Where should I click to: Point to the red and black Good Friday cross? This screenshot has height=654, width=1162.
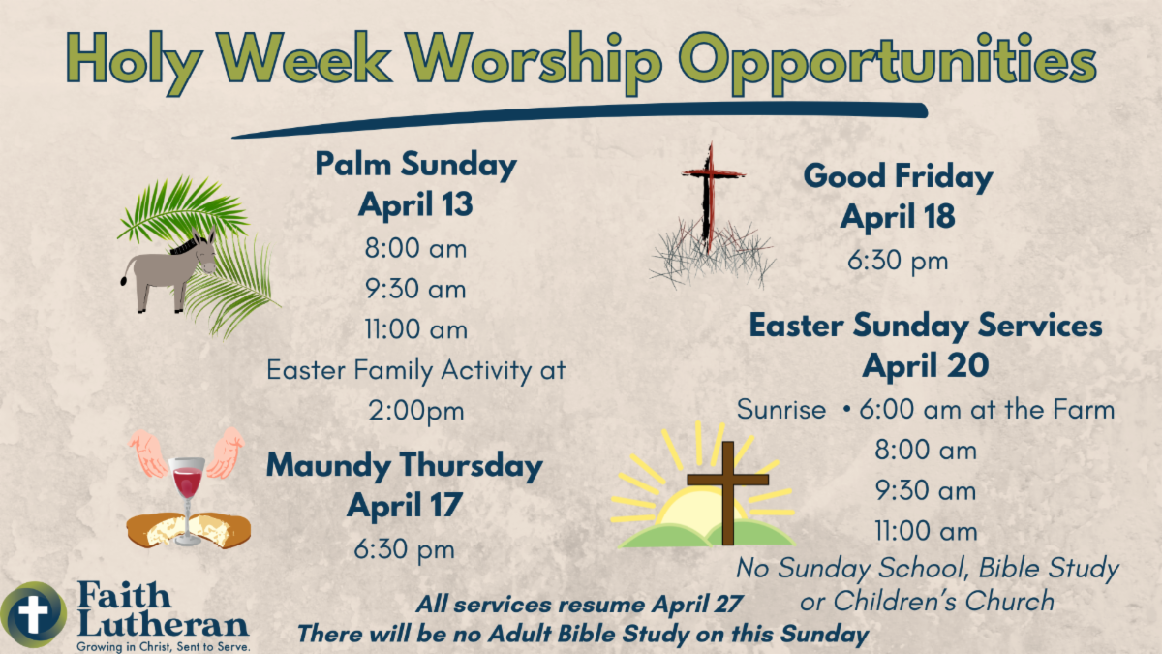click(710, 198)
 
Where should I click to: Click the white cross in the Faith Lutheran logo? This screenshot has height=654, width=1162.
click(33, 614)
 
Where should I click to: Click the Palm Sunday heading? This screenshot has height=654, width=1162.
click(416, 165)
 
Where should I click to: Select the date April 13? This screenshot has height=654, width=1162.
click(415, 204)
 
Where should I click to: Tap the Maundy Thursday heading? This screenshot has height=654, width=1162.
click(405, 465)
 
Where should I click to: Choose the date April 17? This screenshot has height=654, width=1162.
click(405, 505)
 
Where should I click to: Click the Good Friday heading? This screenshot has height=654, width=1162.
click(898, 176)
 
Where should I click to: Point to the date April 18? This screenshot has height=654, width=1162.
click(898, 216)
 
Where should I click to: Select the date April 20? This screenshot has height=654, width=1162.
click(926, 366)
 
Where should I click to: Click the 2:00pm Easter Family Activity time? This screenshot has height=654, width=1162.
click(416, 411)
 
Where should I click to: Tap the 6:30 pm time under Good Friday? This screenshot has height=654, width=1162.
click(898, 261)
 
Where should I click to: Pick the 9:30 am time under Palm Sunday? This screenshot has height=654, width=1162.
click(415, 289)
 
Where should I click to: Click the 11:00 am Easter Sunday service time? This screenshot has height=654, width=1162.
click(926, 531)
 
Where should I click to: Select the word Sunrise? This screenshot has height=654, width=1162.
click(781, 410)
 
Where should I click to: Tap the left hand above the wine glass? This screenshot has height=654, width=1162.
click(148, 453)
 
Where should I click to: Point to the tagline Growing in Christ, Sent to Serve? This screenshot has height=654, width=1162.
click(164, 647)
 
